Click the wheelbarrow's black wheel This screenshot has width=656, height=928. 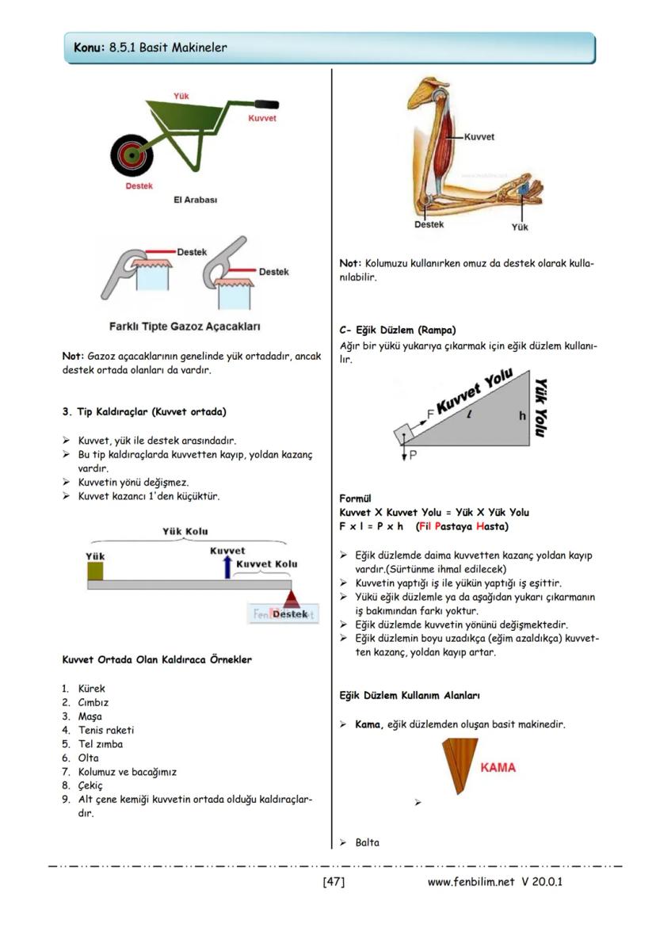[x=132, y=155]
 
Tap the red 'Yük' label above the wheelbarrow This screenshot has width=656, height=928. [x=181, y=96]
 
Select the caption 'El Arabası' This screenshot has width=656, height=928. [x=195, y=200]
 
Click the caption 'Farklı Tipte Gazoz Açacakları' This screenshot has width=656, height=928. [x=185, y=327]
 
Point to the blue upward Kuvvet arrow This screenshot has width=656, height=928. [x=227, y=566]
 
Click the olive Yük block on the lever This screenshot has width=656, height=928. [x=95, y=571]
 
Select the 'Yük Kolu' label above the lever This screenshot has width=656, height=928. [x=185, y=531]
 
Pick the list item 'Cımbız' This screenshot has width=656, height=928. [x=93, y=702]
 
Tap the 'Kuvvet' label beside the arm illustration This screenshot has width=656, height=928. [x=479, y=136]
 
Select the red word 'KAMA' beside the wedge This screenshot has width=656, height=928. [x=498, y=767]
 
